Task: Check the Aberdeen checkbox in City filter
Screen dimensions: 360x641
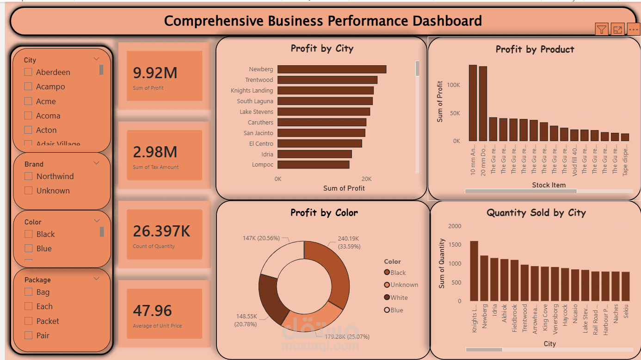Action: pyautogui.click(x=28, y=72)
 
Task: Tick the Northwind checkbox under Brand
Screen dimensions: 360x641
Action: pyautogui.click(x=28, y=176)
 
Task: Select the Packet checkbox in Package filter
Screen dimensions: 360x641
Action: pyautogui.click(x=28, y=321)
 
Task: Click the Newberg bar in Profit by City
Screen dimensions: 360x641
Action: pyautogui.click(x=332, y=69)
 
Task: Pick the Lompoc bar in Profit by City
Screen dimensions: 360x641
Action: pyautogui.click(x=313, y=165)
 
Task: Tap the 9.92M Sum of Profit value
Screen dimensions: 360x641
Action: pyautogui.click(x=155, y=73)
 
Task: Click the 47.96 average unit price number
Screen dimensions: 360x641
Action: pyautogui.click(x=152, y=311)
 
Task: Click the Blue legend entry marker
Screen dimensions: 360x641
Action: pyautogui.click(x=387, y=310)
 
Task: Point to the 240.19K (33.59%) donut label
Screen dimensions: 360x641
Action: pyautogui.click(x=349, y=242)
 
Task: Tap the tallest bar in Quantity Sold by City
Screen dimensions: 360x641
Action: pyautogui.click(x=474, y=271)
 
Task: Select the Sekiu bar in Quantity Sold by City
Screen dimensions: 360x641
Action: pyautogui.click(x=625, y=286)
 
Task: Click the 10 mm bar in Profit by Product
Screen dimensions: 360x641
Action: pyautogui.click(x=473, y=103)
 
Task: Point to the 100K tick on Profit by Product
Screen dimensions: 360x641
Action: pyautogui.click(x=453, y=85)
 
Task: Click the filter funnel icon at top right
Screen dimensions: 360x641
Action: pyautogui.click(x=601, y=30)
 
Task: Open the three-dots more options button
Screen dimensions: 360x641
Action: pyautogui.click(x=634, y=30)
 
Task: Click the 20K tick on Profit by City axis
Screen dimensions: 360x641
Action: pyautogui.click(x=366, y=179)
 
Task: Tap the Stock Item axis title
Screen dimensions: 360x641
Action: pyautogui.click(x=549, y=185)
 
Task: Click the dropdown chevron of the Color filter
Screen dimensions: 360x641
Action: pyautogui.click(x=97, y=221)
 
